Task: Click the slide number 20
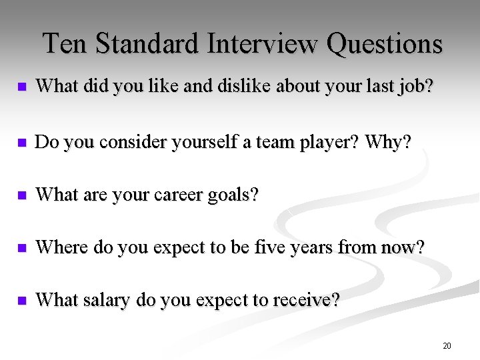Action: point(446,345)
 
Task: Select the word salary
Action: point(107,300)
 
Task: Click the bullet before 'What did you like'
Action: point(22,87)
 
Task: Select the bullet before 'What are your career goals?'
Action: point(22,196)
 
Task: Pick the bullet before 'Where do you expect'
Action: point(22,249)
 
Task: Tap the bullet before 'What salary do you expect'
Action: point(22,301)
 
